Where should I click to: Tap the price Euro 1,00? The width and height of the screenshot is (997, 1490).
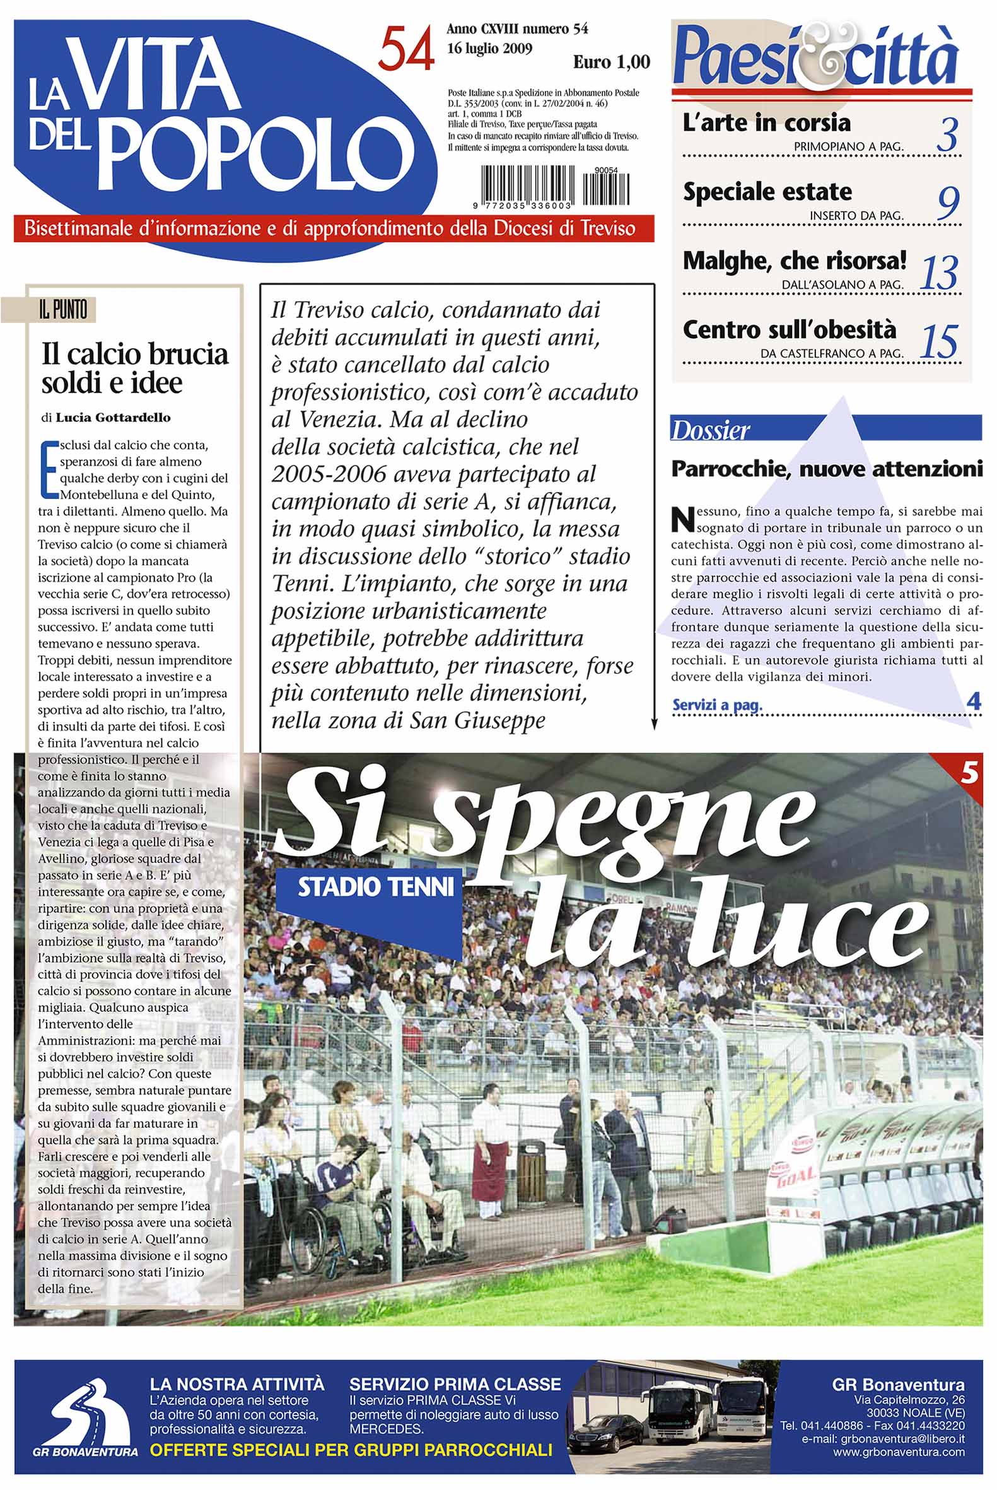coord(611,62)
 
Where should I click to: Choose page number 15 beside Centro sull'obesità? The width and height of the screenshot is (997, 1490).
coord(939,341)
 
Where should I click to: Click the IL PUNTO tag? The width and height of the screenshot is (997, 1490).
coord(62,310)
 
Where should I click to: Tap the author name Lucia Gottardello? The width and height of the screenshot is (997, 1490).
coord(112,418)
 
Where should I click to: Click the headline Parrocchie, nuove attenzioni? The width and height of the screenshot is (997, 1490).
coord(827,469)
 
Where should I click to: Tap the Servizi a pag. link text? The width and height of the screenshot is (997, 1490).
coord(716,705)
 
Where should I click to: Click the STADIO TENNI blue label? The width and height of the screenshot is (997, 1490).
coord(376,886)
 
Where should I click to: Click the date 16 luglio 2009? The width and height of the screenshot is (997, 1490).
coord(489,49)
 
